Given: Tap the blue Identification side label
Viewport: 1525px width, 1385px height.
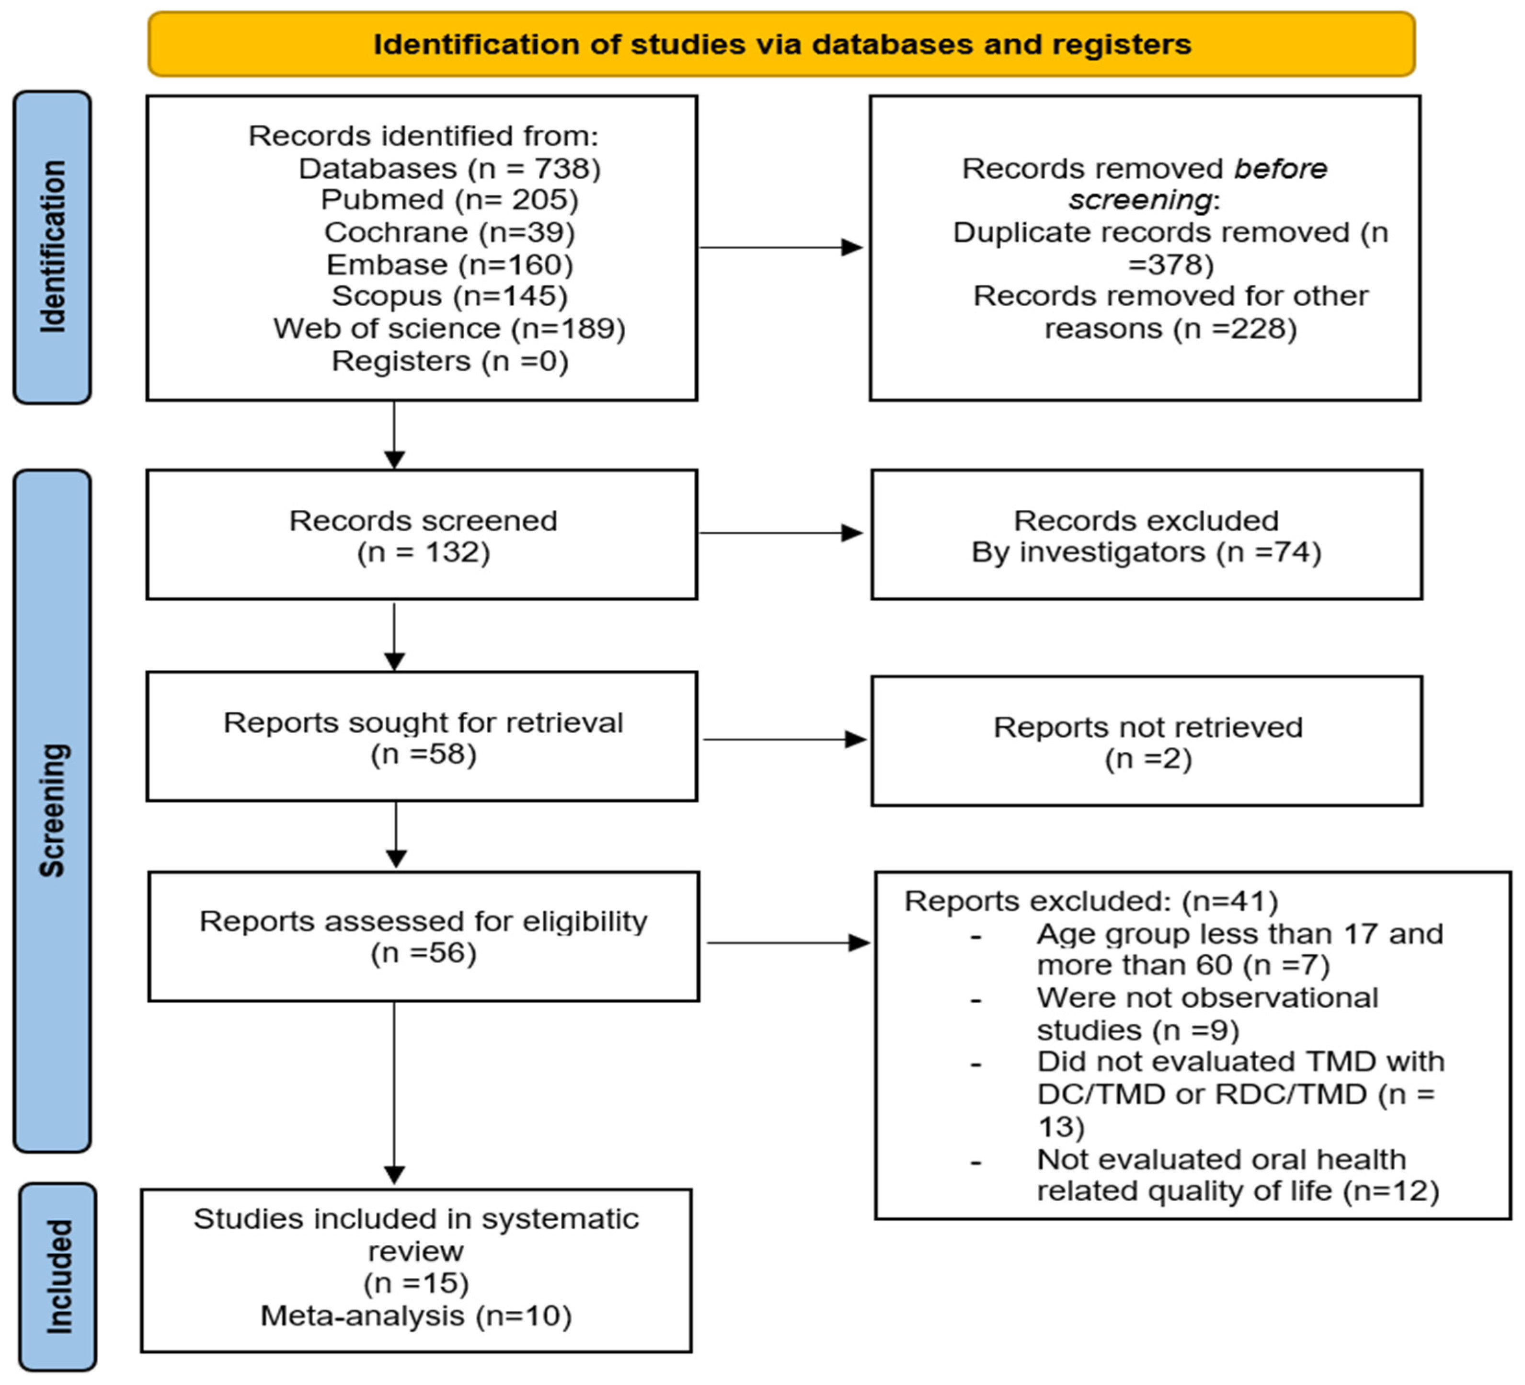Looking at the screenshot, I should (x=52, y=247).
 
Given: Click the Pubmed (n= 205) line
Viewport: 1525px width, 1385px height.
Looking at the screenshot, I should (x=449, y=200).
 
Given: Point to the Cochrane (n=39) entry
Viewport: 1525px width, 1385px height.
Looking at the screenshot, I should (x=449, y=232).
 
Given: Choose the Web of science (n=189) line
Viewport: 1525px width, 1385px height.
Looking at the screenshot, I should (x=449, y=328).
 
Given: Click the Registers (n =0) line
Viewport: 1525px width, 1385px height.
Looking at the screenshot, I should (x=449, y=361).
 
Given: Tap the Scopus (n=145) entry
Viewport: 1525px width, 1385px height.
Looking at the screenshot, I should (x=449, y=296).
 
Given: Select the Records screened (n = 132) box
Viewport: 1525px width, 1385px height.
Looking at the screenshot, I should (x=422, y=535).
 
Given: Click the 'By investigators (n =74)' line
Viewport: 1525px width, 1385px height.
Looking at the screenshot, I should (x=1146, y=552).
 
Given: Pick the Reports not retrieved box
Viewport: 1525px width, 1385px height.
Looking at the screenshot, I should (x=1146, y=741).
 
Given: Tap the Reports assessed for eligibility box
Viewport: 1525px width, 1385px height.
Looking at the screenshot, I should (x=424, y=937).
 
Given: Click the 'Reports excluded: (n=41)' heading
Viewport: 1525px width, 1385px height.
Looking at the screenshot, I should (x=1091, y=901).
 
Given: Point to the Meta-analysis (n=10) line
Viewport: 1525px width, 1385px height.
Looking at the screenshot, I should (x=416, y=1316).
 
